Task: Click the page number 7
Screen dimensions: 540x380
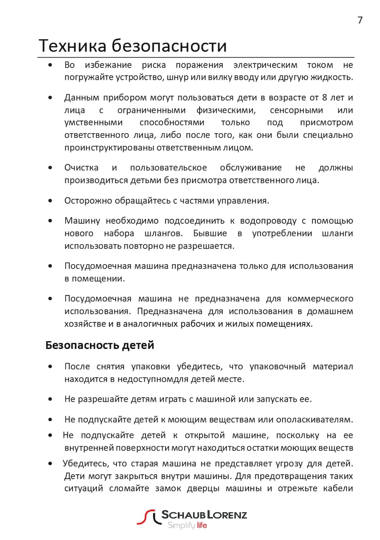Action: [360, 20]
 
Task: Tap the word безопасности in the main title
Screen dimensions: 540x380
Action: [169, 46]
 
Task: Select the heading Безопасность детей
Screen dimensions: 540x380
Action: [100, 345]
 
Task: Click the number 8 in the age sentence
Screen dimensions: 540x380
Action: [325, 97]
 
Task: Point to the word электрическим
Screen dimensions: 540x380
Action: [265, 65]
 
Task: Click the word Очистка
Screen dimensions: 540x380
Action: [81, 168]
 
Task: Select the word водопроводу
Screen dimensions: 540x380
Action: [268, 221]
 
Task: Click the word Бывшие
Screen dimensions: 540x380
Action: [210, 233]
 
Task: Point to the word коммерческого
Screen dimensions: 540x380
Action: [320, 299]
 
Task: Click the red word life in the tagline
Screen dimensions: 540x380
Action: [201, 525]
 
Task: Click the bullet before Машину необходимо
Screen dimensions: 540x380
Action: [50, 221]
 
